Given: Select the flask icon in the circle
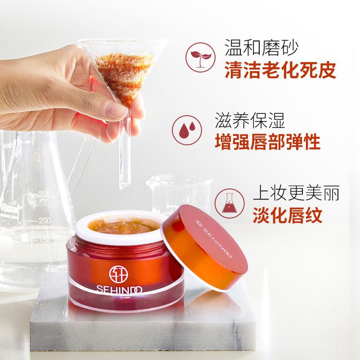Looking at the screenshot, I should pyautogui.click(x=229, y=203).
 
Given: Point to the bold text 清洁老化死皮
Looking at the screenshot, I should pyautogui.click(x=280, y=70).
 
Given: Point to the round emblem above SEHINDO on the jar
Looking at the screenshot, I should pyautogui.click(x=118, y=273).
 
